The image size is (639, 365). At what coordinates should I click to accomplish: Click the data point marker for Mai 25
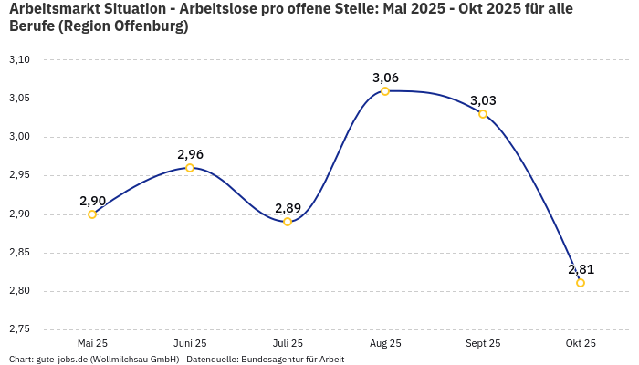pos(92,214)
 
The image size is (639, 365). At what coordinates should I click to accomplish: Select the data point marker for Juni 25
pos(190,168)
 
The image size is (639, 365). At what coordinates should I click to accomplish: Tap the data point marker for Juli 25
pos(288,222)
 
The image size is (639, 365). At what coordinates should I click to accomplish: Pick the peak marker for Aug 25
pos(385,91)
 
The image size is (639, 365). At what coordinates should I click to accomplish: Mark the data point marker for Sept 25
pos(483,114)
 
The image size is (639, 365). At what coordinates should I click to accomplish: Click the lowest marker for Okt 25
pos(581,283)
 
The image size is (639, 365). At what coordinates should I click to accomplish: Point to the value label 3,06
pos(385,78)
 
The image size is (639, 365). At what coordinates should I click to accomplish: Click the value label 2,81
pos(581,269)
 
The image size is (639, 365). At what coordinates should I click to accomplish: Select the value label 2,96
pos(190,154)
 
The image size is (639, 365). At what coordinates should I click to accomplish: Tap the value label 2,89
pos(288,208)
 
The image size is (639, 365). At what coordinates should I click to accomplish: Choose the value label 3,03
pos(483,100)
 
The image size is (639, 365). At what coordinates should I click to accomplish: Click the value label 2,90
pos(92,200)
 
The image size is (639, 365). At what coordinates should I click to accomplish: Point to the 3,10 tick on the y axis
pos(19,60)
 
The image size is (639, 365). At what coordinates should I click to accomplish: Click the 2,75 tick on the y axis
pos(19,329)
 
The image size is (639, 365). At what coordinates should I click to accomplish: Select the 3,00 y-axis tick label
pos(19,137)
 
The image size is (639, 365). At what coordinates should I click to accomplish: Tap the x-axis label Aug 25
pos(385,343)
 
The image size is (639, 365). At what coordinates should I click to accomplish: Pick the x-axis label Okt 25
pos(581,343)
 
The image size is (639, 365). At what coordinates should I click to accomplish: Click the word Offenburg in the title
pos(148,26)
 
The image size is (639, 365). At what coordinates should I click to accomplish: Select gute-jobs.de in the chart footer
pos(60,360)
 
